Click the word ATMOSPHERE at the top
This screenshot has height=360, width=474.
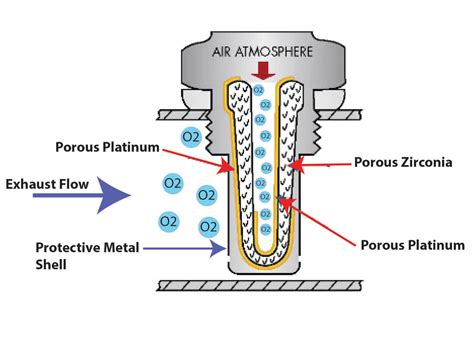277,51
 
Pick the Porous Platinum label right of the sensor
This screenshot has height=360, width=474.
413,244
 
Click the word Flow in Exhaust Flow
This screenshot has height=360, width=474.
79,183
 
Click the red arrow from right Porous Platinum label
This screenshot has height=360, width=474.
320,222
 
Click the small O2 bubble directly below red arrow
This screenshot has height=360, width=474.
258,90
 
